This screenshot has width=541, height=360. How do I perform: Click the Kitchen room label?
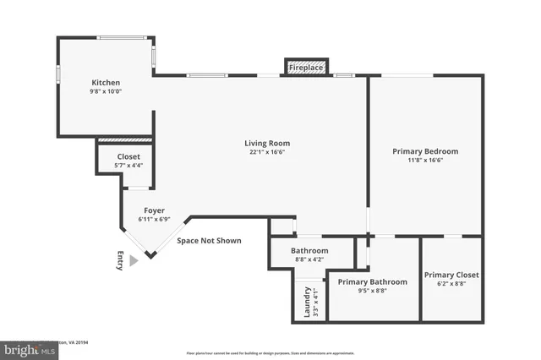coord(106,82)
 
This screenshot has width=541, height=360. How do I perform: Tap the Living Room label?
coord(267,143)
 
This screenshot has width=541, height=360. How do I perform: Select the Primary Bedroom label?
coord(424,151)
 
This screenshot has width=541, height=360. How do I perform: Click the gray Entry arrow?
coord(133,262)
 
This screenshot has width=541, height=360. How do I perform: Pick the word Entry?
coord(120,261)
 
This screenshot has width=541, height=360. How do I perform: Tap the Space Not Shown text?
coord(209,241)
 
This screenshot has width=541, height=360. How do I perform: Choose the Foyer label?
coord(154,210)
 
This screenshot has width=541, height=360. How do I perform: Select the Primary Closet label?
coord(451,275)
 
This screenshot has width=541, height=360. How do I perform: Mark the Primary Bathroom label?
coord(372,281)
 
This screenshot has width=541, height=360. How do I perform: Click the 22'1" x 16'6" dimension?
coord(267,153)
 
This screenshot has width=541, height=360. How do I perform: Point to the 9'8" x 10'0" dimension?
coord(106,91)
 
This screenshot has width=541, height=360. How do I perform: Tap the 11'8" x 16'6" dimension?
coord(424,161)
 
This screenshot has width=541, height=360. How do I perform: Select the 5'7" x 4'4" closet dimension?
coord(128,166)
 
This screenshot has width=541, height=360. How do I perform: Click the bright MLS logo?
coord(24,349)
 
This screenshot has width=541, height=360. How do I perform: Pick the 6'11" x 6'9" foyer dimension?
coord(154,220)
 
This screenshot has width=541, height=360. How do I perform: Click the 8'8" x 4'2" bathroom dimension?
coord(309,259)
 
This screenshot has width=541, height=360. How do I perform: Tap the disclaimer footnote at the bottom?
coord(271,353)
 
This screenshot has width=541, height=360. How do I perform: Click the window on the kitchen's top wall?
coord(120,37)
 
